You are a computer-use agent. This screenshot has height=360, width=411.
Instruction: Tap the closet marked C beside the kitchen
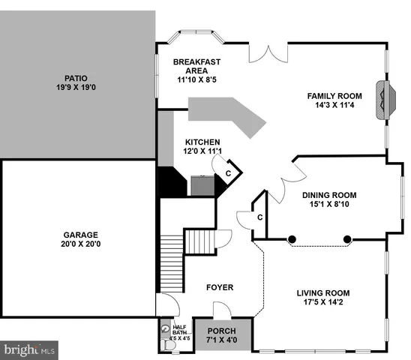pos(229,173)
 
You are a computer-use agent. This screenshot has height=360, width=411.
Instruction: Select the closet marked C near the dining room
pos(259,217)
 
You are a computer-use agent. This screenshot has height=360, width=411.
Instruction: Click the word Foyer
pos(220,287)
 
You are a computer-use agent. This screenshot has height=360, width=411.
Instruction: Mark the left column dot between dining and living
pos(292,240)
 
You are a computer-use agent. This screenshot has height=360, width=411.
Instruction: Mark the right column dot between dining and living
pos(348,240)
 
